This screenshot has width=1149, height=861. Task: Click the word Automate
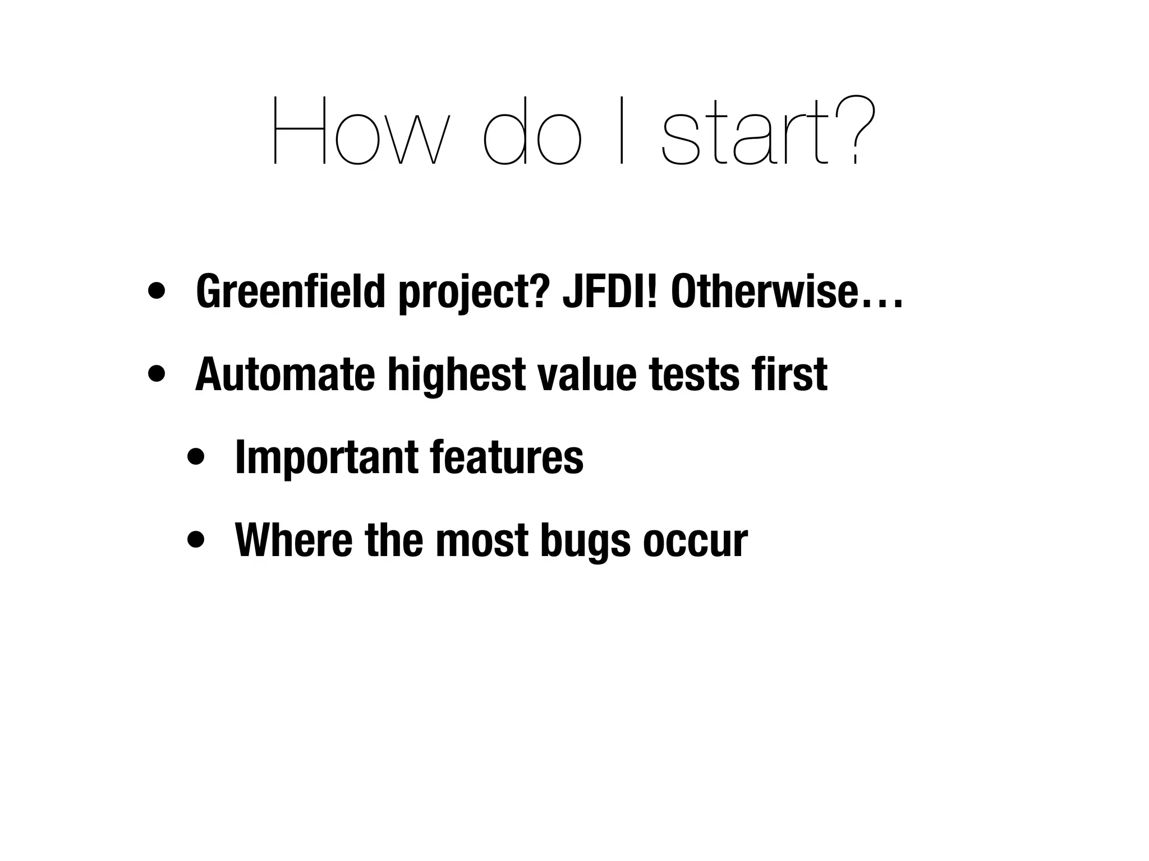(285, 374)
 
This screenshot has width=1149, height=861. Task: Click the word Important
(326, 457)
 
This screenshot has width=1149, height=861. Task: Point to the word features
(507, 457)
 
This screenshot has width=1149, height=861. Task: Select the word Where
(294, 540)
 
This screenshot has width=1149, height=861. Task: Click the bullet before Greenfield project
(157, 291)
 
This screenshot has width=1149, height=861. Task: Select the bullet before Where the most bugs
(196, 540)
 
